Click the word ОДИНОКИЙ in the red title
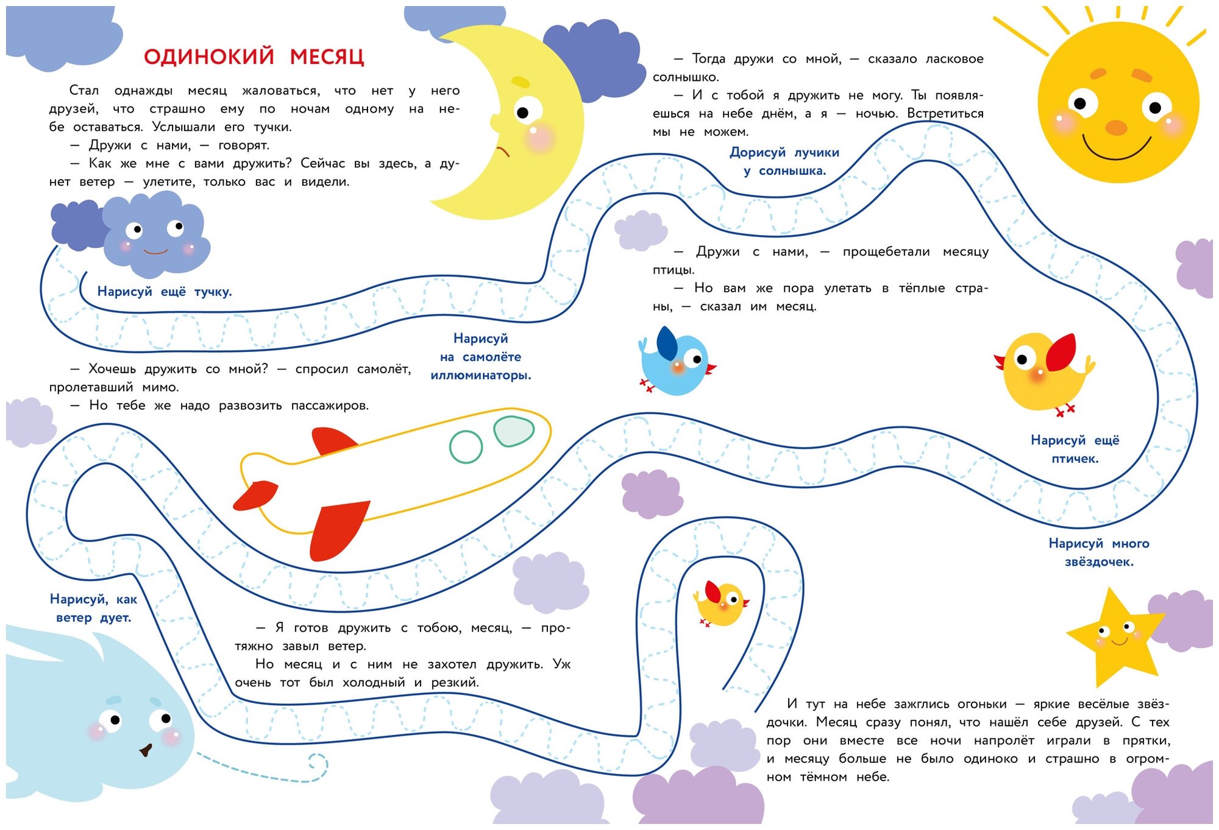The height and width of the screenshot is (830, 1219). click(209, 57)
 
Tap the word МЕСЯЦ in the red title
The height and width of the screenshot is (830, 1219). click(327, 57)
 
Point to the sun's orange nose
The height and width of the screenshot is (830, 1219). click(1116, 128)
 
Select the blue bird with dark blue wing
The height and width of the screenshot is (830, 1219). click(675, 362)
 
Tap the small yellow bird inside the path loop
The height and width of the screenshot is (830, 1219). click(722, 603)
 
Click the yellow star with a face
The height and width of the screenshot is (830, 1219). click(1115, 637)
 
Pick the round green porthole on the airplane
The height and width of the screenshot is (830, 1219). click(466, 446)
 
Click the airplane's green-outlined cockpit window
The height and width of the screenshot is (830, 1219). click(513, 431)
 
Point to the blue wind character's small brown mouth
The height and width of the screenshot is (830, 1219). click(146, 750)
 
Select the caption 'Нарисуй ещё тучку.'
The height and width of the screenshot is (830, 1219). click(165, 292)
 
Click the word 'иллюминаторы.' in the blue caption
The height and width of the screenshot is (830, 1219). click(480, 376)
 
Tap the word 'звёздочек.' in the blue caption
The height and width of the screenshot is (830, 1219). click(1099, 562)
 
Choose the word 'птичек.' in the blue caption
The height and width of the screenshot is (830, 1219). click(1075, 459)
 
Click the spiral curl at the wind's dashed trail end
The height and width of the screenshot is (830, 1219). click(318, 762)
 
